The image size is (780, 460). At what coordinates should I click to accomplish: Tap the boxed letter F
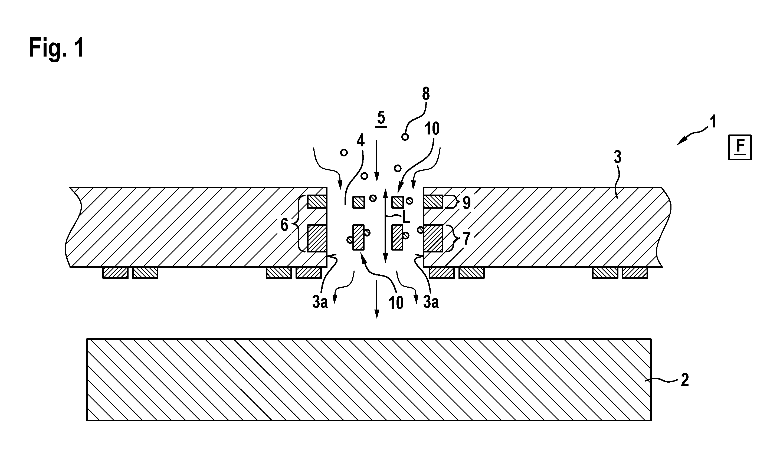740,147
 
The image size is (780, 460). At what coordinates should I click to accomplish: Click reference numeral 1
713,122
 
